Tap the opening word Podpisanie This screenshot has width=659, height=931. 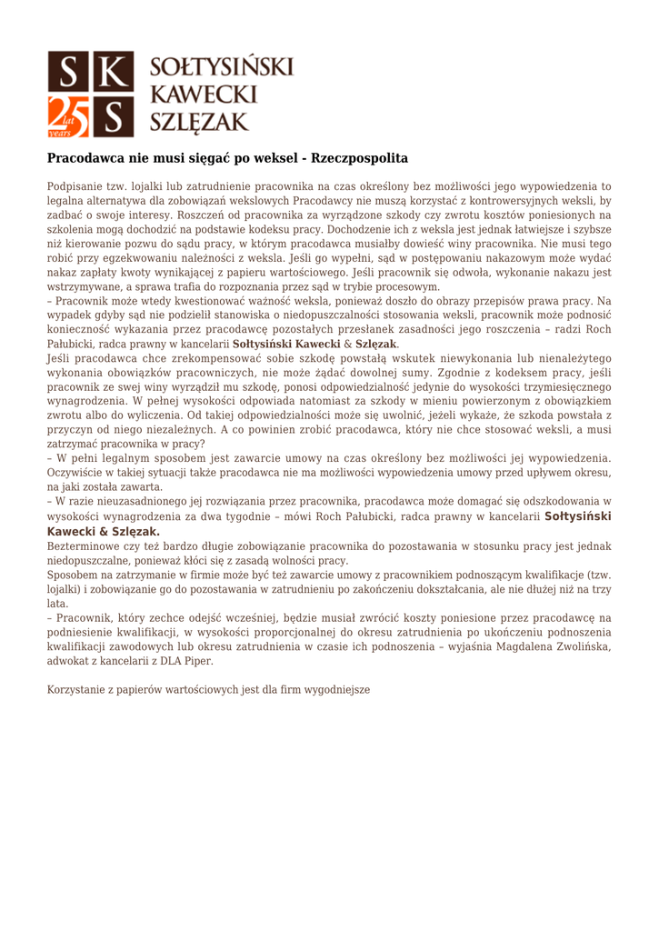79,186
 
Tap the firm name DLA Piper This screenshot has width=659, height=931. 182,660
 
